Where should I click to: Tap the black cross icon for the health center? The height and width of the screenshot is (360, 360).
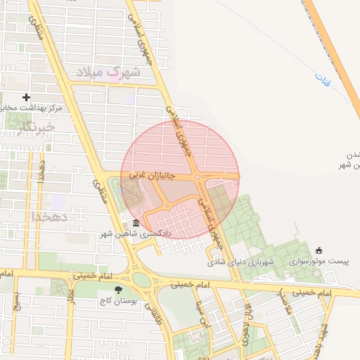[x=27, y=97]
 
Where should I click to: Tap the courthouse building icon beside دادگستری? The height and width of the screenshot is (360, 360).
[x=136, y=224]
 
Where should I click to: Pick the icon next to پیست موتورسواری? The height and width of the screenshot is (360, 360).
[x=319, y=250]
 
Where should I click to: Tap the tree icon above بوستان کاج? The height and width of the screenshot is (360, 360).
[x=117, y=290]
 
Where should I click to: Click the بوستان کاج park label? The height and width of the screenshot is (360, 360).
[x=117, y=301]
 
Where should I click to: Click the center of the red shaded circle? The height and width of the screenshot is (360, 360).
[x=180, y=179]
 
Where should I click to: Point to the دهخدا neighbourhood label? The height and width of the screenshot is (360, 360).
[x=51, y=216]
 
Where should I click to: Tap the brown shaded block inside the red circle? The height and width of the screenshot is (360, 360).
[x=221, y=200]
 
